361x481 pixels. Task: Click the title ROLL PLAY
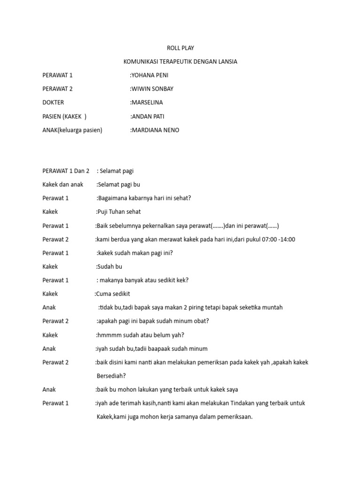coord(180,48)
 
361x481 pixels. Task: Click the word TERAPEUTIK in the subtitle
coord(186,62)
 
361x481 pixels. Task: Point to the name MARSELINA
coord(148,102)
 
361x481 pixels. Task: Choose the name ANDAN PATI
coord(149,116)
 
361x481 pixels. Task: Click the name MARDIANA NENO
coord(156,130)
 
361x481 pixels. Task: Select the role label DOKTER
coord(53,102)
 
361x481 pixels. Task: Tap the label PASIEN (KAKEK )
coord(64,116)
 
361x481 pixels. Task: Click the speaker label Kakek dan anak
coord(63,185)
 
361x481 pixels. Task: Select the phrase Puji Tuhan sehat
coord(119,212)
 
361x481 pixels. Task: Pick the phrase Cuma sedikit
coord(113,294)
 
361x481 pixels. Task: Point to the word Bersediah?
coord(111,376)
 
